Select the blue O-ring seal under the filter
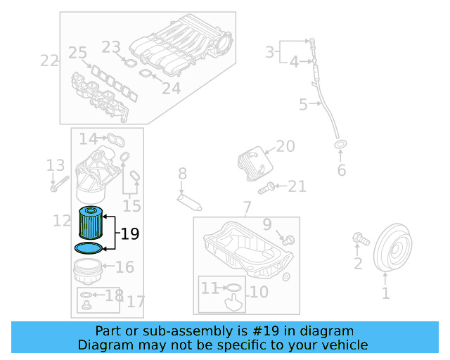(x=88, y=247)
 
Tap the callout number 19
(x=129, y=234)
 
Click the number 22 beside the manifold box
(x=49, y=60)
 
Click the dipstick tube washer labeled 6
(x=340, y=146)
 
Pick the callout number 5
(x=303, y=105)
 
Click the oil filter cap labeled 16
(x=89, y=269)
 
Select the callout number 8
(x=182, y=173)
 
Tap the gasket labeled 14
(x=115, y=139)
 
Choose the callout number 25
(x=77, y=53)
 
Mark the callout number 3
(x=269, y=51)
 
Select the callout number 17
(x=135, y=302)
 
